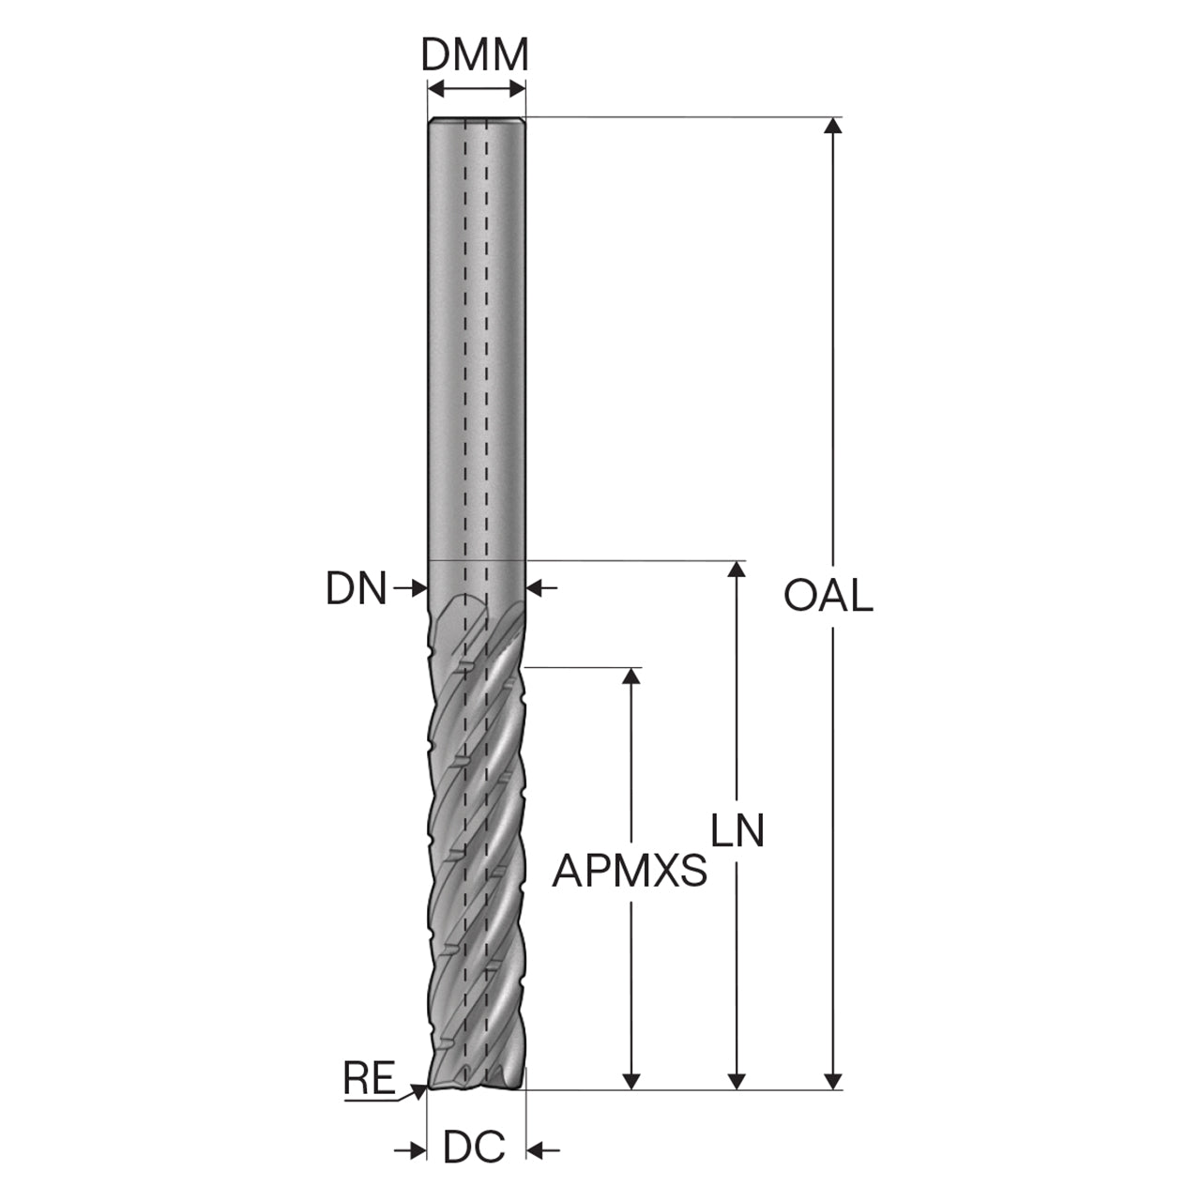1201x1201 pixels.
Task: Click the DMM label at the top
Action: (475, 54)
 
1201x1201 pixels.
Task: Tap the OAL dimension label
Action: (829, 595)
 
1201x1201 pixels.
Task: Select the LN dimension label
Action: (737, 830)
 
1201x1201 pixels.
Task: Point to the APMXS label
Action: (630, 871)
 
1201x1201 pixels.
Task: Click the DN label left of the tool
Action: (356, 587)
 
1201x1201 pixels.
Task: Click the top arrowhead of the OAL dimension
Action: (832, 126)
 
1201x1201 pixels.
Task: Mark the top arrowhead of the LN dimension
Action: (737, 569)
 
